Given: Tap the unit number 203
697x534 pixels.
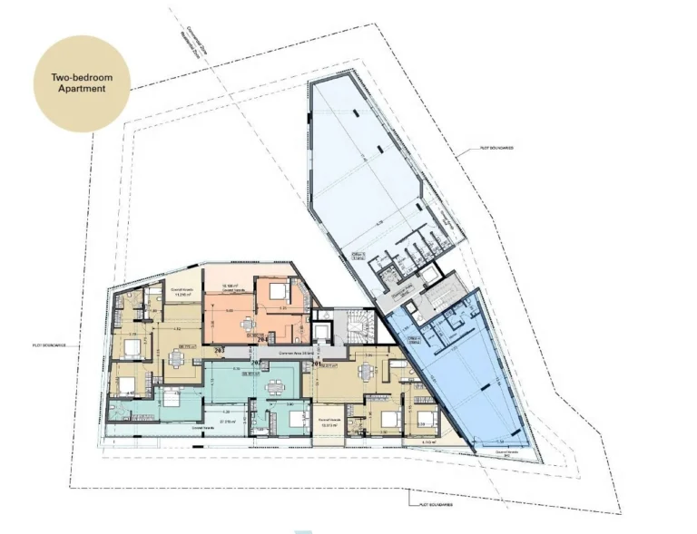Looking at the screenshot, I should click(x=219, y=349).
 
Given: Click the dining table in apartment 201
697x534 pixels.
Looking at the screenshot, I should click(x=365, y=371).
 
